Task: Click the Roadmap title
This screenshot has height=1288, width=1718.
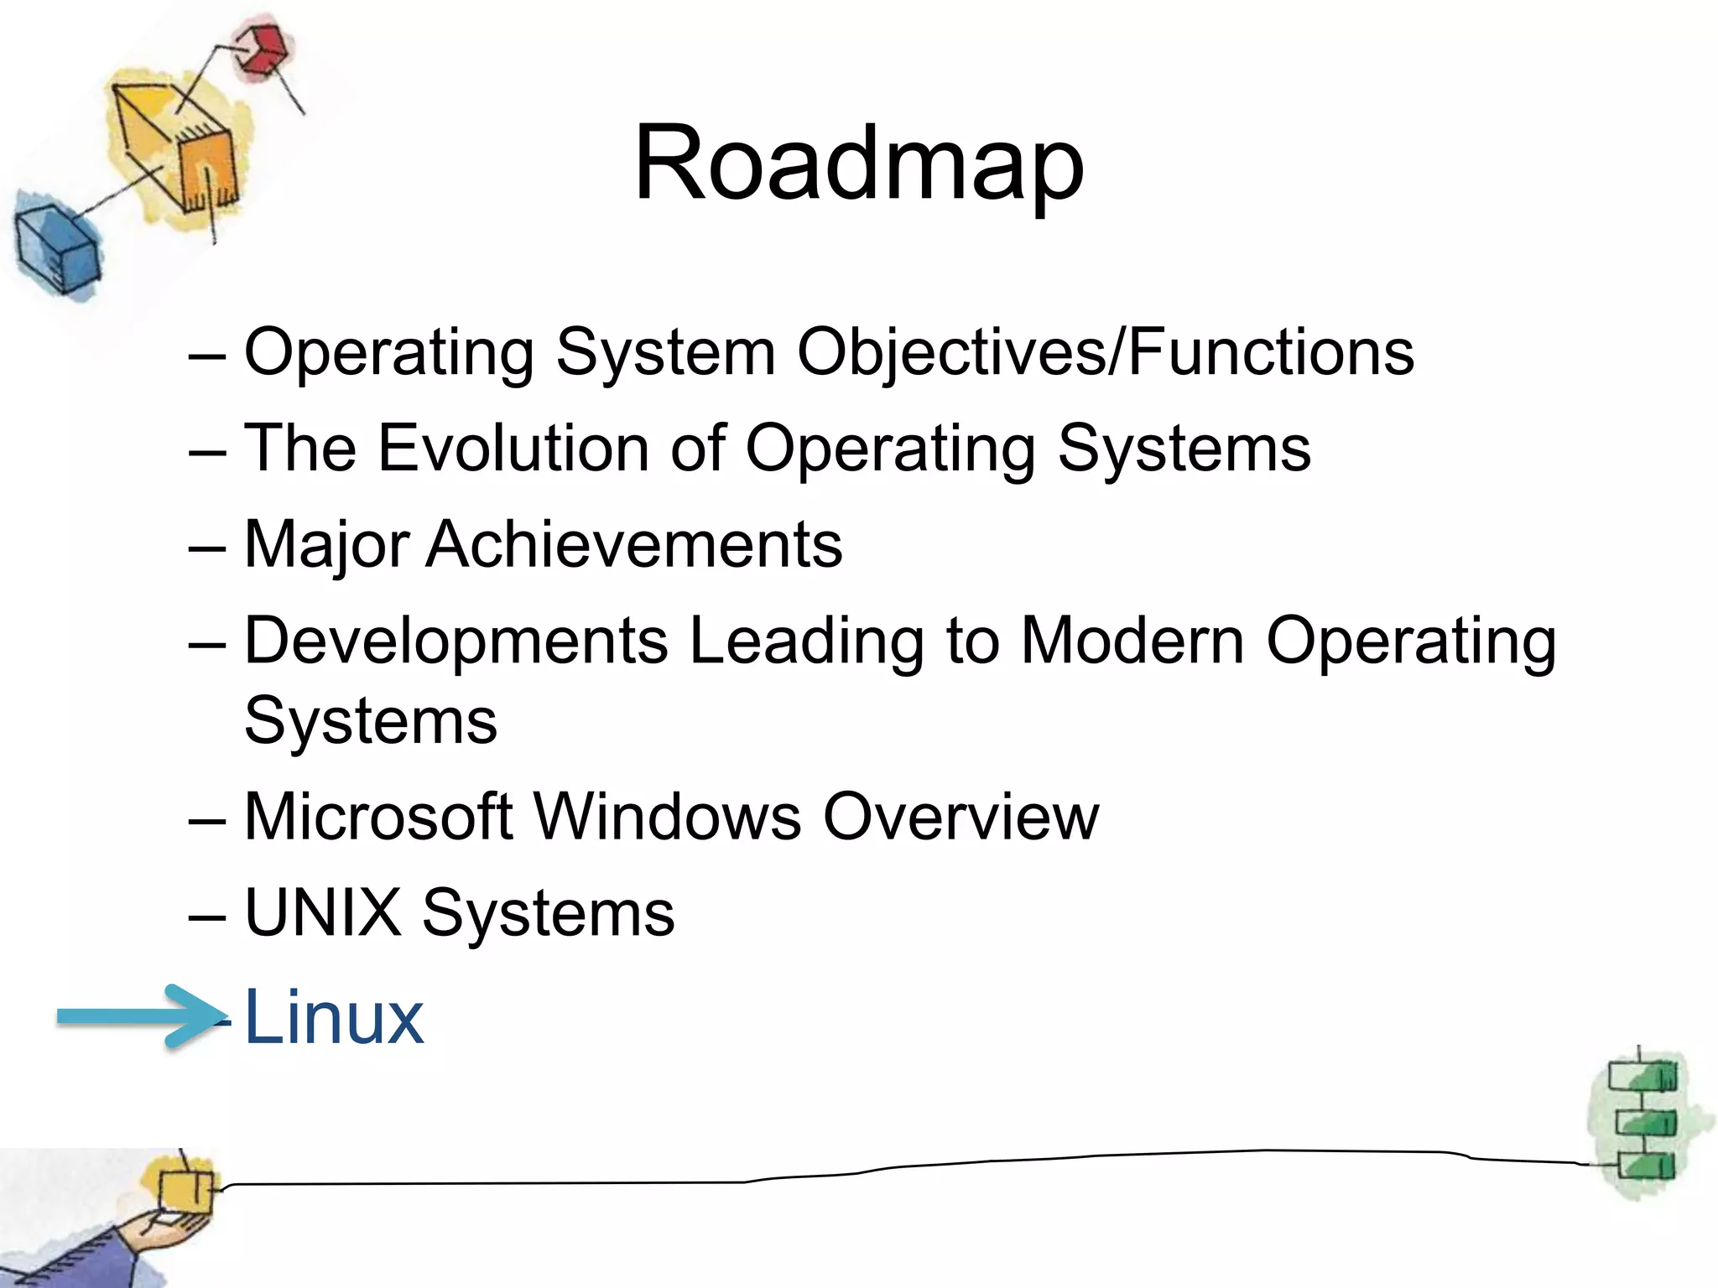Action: point(858,164)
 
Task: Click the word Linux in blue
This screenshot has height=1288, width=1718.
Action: point(333,1017)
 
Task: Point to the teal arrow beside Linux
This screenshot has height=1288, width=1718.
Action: point(138,1016)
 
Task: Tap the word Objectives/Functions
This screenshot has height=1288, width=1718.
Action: point(1105,353)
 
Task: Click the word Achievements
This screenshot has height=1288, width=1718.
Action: point(633,545)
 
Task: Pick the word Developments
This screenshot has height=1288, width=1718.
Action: point(456,642)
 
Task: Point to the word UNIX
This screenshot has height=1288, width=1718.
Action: point(322,912)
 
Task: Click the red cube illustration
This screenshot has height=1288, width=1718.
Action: point(261,51)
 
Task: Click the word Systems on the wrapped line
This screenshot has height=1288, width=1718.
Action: point(370,721)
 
